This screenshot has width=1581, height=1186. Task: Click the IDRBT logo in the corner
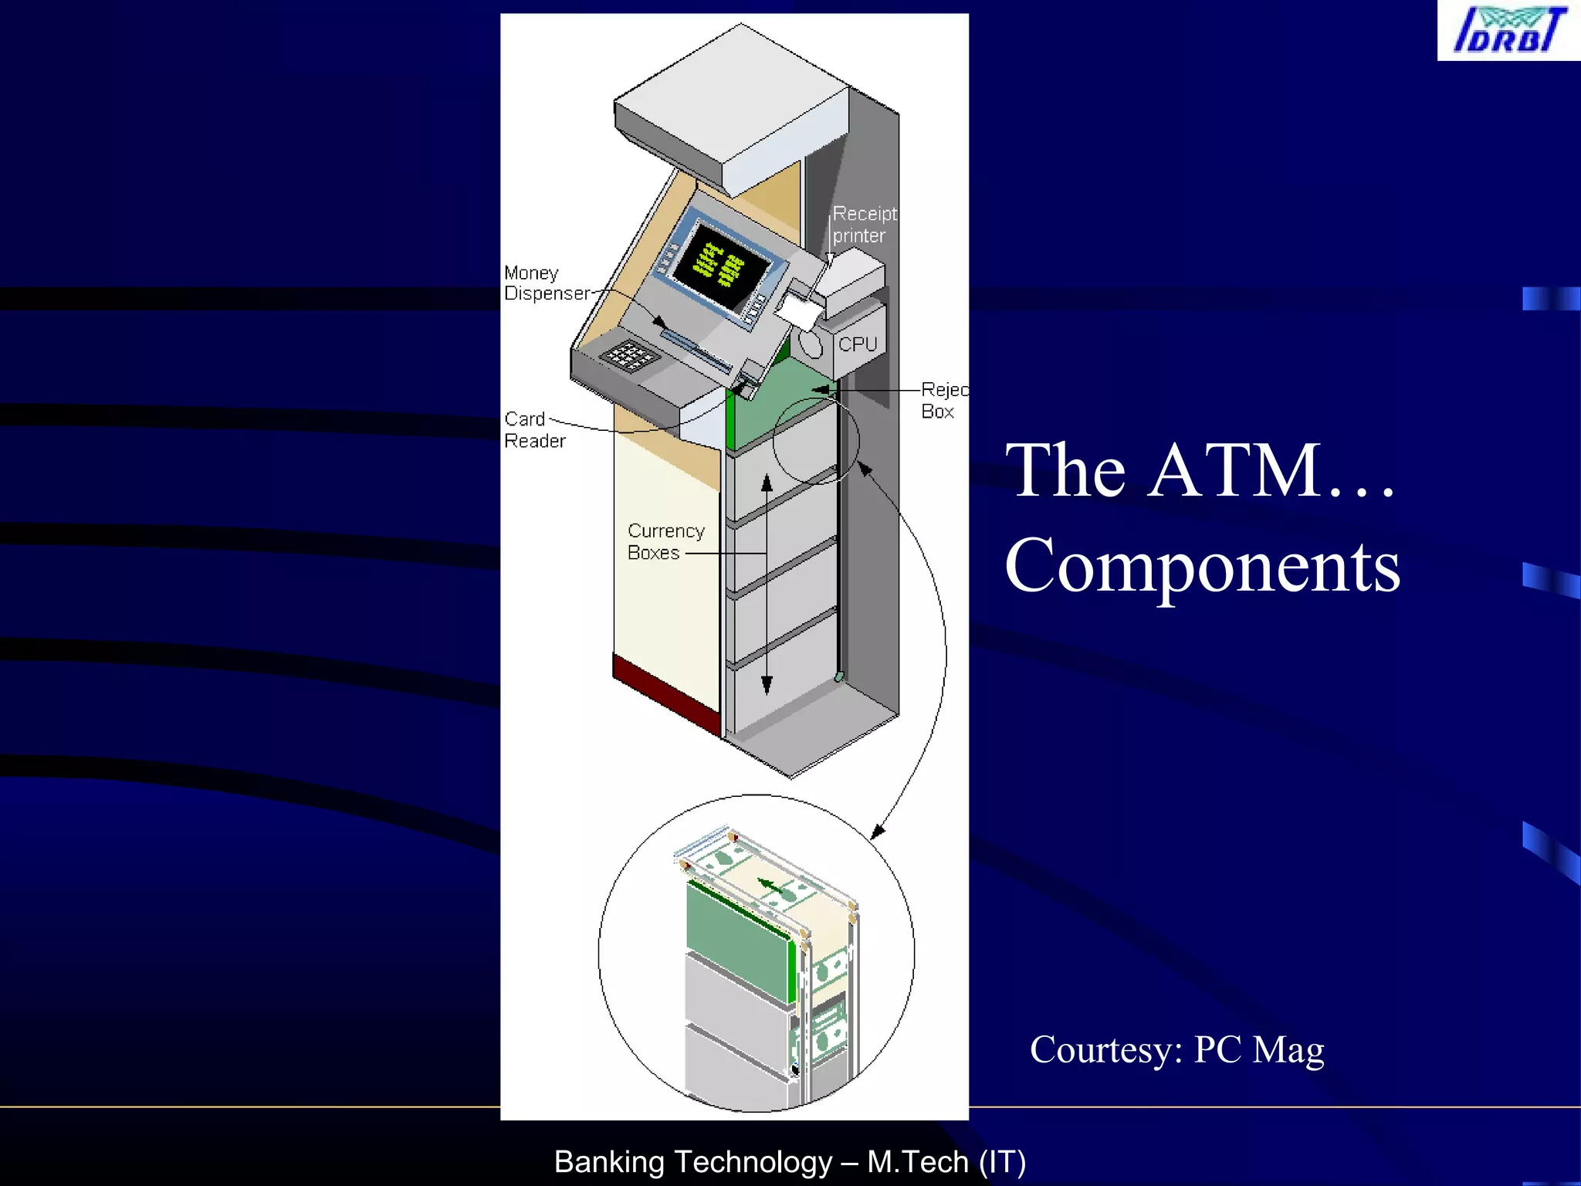click(x=1508, y=30)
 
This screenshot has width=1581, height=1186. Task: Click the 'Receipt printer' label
click(x=863, y=225)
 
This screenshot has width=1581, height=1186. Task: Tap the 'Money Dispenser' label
click(x=545, y=283)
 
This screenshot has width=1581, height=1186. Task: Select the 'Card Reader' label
click(x=534, y=430)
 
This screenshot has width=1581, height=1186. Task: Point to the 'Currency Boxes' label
click(x=665, y=542)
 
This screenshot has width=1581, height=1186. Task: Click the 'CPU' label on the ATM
click(x=858, y=344)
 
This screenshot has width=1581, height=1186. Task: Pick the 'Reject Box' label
click(x=943, y=401)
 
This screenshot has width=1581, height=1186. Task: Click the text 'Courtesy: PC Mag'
click(x=1176, y=1050)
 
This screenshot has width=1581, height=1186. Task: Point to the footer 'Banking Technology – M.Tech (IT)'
click(x=790, y=1162)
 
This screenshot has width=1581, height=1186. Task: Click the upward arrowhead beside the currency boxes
click(x=767, y=484)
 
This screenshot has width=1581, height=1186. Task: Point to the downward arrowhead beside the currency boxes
click(x=767, y=685)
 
